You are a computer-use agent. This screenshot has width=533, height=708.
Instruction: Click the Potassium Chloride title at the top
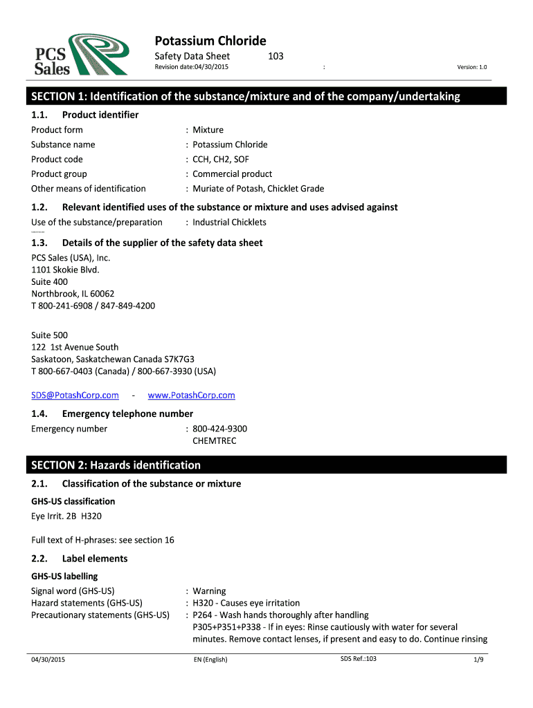[210, 41]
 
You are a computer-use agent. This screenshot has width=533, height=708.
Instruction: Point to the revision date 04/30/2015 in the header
[191, 66]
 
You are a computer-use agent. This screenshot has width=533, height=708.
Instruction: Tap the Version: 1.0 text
[472, 66]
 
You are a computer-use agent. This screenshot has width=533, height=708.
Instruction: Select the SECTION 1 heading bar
[266, 96]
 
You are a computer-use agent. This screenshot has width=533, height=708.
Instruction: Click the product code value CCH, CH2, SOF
[221, 159]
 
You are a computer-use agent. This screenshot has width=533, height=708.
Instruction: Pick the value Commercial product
[233, 174]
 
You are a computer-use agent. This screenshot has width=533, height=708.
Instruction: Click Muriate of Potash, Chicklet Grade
[258, 188]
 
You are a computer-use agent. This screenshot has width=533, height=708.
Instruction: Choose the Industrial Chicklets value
[229, 222]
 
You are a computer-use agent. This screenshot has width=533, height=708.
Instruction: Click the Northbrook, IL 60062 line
[73, 293]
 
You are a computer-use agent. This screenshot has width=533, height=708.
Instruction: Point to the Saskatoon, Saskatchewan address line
[113, 359]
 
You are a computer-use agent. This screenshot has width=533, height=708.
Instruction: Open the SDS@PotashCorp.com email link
[75, 395]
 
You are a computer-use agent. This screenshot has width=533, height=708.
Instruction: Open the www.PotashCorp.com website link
[192, 395]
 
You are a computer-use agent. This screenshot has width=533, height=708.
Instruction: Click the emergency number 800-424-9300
[219, 429]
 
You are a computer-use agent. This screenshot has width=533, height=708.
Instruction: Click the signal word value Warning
[209, 590]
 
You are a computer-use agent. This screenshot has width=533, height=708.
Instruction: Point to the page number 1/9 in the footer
[478, 660]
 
